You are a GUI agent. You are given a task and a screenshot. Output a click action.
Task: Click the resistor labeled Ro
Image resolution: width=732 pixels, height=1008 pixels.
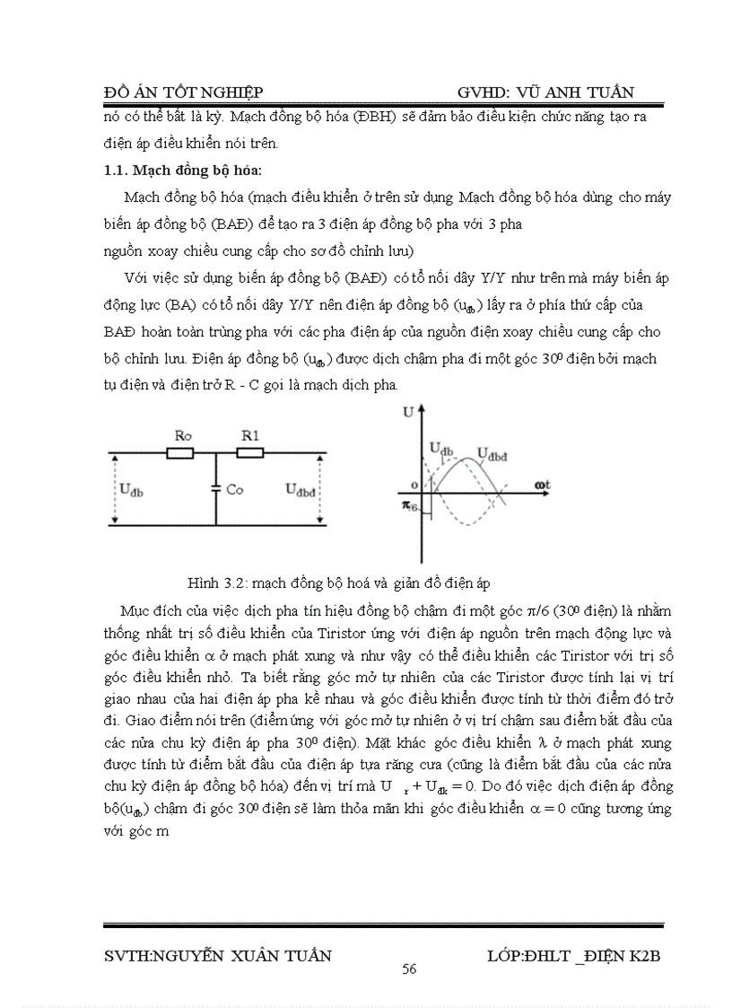click(180, 454)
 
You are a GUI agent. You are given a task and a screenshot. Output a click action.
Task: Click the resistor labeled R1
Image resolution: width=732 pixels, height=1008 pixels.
click(249, 454)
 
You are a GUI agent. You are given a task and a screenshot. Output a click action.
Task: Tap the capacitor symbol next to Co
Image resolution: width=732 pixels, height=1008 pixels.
click(216, 489)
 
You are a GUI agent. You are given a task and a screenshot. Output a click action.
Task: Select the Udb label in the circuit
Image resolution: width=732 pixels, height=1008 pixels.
click(131, 489)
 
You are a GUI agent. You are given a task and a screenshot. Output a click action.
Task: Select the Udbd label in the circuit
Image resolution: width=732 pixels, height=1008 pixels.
click(301, 489)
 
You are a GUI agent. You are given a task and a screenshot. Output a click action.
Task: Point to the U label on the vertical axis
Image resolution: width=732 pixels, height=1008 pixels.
click(409, 413)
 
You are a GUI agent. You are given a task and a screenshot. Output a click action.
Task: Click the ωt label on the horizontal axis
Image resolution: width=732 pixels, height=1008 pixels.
click(542, 485)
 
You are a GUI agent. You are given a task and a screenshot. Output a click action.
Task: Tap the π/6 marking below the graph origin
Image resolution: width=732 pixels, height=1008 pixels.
click(409, 507)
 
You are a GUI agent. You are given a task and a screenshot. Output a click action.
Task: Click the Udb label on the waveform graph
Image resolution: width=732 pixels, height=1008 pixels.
click(440, 446)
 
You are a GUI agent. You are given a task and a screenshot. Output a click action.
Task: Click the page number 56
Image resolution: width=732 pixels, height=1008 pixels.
click(409, 969)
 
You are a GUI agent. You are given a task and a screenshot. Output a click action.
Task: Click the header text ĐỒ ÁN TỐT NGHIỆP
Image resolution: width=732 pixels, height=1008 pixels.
click(183, 93)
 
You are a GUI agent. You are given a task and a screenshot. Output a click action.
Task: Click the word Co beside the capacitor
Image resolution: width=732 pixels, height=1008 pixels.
click(235, 490)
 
